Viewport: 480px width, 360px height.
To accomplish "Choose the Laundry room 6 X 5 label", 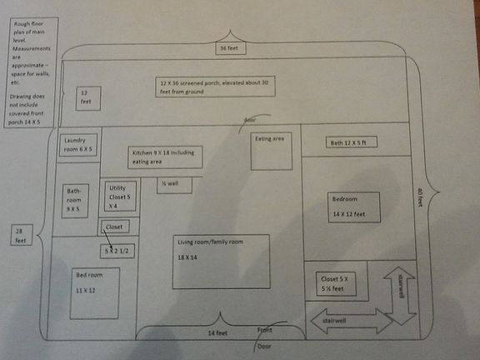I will click(78, 144).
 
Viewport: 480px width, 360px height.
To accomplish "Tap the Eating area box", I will click(274, 151).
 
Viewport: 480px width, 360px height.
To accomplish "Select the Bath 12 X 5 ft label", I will click(353, 142).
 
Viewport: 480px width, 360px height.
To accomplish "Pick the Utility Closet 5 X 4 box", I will click(118, 197).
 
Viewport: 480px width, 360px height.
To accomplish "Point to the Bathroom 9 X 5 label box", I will click(73, 200).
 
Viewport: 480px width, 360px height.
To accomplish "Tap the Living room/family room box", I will click(221, 262).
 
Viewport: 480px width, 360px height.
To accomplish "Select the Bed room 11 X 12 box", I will click(93, 292).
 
